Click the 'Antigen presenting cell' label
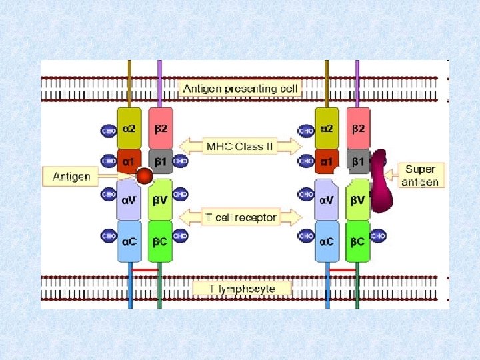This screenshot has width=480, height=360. pyautogui.click(x=241, y=88)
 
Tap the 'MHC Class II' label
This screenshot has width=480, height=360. pyautogui.click(x=241, y=145)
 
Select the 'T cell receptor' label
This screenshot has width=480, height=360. pyautogui.click(x=241, y=217)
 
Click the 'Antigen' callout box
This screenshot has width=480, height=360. pyautogui.click(x=71, y=177)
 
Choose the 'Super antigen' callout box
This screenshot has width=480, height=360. pyautogui.click(x=421, y=176)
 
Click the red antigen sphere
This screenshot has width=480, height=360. pyautogui.click(x=144, y=176)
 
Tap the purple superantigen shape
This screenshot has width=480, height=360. pyautogui.click(x=381, y=180)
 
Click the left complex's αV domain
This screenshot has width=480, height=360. pyautogui.click(x=129, y=199)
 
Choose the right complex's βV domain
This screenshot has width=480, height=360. pyautogui.click(x=357, y=199)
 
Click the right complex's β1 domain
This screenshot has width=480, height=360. pyautogui.click(x=357, y=161)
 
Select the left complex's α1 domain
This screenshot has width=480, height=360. pyautogui.click(x=129, y=161)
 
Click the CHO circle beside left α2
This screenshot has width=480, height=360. pyautogui.click(x=109, y=131)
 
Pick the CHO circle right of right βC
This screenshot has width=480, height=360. pyautogui.click(x=378, y=235)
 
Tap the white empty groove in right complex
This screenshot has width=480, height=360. pyautogui.click(x=341, y=177)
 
